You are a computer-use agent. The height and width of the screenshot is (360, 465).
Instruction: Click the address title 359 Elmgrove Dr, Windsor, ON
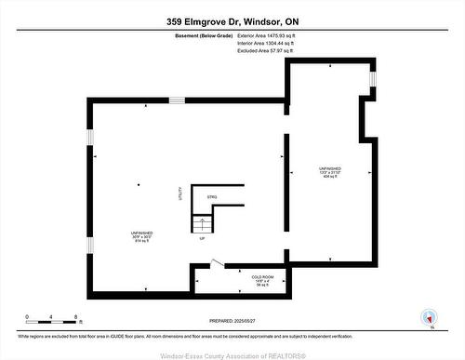[232, 20]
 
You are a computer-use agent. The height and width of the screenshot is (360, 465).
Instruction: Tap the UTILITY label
[179, 194]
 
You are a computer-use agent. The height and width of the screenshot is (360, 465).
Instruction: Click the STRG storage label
[211, 197]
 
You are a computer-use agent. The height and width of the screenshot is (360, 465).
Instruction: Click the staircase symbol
[202, 224]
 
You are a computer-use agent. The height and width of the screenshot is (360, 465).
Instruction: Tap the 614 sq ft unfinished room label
[141, 236]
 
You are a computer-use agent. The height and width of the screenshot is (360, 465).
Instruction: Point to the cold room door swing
[217, 262]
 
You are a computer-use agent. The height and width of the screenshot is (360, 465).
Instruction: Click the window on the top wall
[373, 81]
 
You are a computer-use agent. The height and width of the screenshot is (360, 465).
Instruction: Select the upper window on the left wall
[90, 137]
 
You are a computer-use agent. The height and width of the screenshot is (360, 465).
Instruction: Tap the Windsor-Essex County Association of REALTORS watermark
[232, 353]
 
